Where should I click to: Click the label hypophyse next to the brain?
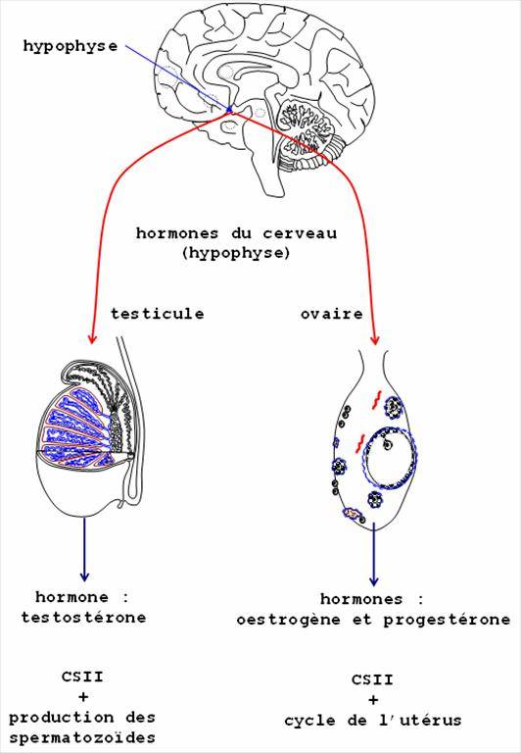(71, 47)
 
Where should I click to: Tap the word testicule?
(158, 314)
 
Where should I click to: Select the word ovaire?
(332, 314)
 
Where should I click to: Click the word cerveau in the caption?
(300, 233)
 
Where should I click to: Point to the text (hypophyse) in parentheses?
(236, 253)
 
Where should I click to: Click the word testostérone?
(83, 617)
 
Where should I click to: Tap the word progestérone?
(447, 620)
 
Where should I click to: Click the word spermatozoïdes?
(82, 737)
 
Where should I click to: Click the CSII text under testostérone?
(82, 677)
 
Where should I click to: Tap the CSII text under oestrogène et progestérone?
(373, 679)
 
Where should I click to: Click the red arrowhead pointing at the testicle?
(92, 338)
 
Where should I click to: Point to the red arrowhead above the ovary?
(375, 339)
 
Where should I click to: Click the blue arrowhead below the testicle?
(84, 575)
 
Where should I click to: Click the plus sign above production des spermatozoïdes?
(82, 697)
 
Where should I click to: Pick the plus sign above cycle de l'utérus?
(373, 700)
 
